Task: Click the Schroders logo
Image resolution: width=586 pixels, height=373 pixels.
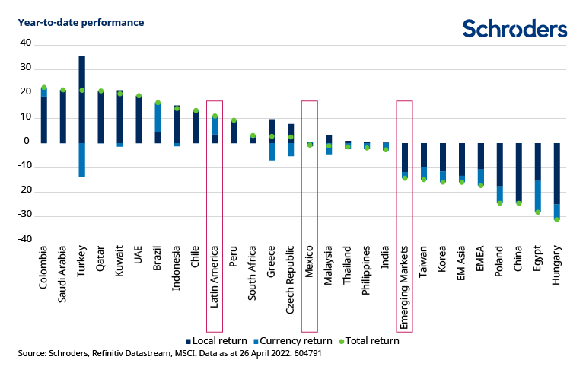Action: pyautogui.click(x=514, y=28)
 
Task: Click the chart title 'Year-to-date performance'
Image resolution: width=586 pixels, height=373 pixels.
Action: pyautogui.click(x=81, y=22)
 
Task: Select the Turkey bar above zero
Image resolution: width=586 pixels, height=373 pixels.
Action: pyautogui.click(x=81, y=99)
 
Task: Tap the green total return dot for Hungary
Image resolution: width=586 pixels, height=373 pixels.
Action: pyautogui.click(x=557, y=219)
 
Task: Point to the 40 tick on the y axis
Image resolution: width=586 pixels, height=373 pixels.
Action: pyautogui.click(x=26, y=43)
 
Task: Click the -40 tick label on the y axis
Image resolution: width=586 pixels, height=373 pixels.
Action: pyautogui.click(x=24, y=239)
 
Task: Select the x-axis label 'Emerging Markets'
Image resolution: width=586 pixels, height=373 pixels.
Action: pyautogui.click(x=405, y=286)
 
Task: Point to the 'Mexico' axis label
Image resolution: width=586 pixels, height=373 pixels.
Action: pyautogui.click(x=310, y=267)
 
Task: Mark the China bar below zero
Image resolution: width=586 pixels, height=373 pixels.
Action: pyautogui.click(x=519, y=171)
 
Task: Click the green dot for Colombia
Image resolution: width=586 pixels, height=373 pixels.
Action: pyautogui.click(x=44, y=88)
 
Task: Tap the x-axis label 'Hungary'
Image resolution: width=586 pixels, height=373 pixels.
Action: pyautogui.click(x=557, y=269)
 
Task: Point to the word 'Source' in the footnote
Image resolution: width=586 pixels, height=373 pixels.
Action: pyautogui.click(x=33, y=354)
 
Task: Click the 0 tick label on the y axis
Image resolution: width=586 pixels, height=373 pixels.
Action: pyautogui.click(x=27, y=142)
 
